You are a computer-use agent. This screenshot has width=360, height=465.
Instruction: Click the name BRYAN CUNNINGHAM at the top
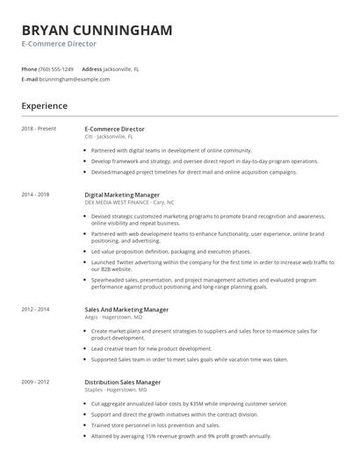(x=97, y=30)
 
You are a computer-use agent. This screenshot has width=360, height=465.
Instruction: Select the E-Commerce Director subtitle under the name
(x=59, y=44)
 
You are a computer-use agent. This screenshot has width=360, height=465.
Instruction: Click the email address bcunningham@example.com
(x=75, y=79)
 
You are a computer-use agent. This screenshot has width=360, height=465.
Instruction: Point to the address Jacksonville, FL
(x=123, y=68)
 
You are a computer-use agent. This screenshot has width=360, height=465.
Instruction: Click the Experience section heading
(x=45, y=106)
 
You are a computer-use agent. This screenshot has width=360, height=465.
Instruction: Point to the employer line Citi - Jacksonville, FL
(x=109, y=137)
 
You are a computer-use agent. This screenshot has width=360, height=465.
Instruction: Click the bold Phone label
(x=29, y=68)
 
